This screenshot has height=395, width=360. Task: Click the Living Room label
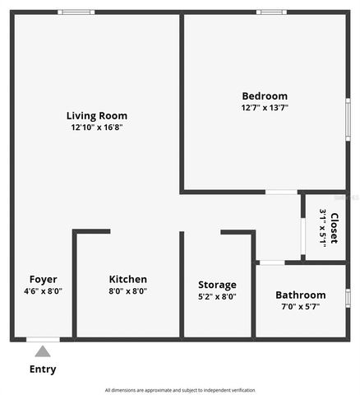click(x=97, y=116)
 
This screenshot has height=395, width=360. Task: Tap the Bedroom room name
click(x=265, y=95)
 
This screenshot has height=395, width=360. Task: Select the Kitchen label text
click(x=127, y=279)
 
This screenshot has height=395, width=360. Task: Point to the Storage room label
click(x=217, y=285)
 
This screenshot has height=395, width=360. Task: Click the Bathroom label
click(x=300, y=295)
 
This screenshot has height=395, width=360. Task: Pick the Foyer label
click(x=43, y=279)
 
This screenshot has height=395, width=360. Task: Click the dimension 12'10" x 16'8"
click(x=97, y=128)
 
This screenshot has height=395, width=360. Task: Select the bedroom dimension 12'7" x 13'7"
click(x=265, y=107)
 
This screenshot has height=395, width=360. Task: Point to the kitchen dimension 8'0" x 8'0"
click(x=127, y=290)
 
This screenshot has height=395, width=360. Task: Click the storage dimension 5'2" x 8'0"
click(x=217, y=296)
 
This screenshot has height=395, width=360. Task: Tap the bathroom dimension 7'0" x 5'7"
click(x=300, y=306)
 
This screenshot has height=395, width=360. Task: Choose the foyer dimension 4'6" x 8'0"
click(x=43, y=290)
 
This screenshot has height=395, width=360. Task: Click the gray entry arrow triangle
click(x=43, y=351)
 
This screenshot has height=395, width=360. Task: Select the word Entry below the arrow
click(x=43, y=369)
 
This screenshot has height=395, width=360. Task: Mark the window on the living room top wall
click(x=76, y=12)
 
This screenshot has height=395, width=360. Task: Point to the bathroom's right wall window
click(x=347, y=296)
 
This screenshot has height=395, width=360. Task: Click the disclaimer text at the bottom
click(x=180, y=390)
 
